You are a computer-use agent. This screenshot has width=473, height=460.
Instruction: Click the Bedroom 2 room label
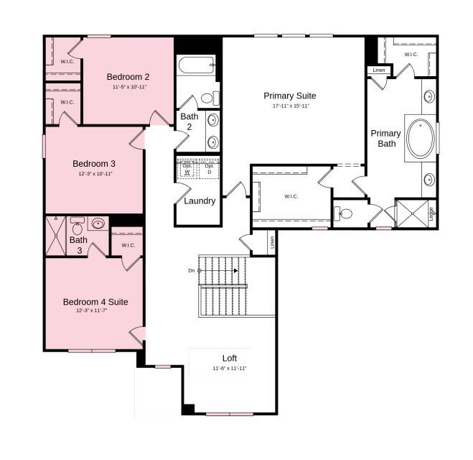128,77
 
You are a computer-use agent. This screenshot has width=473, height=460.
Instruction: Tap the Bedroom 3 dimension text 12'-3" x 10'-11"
95,174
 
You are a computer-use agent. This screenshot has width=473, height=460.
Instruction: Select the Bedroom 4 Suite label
95,302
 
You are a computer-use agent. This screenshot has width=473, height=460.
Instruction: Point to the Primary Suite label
289,96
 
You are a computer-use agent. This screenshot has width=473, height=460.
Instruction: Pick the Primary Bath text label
385,138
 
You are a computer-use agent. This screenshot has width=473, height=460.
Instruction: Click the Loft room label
229,358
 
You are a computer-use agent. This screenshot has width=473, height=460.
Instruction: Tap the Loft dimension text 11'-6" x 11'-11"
229,368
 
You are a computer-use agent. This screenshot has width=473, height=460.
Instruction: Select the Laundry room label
200,201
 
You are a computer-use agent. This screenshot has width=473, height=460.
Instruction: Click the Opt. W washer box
187,170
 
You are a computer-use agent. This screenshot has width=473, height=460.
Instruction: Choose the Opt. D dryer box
210,170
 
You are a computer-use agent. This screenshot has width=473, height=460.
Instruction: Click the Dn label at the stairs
192,270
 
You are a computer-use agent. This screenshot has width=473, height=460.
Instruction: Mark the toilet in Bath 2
208,98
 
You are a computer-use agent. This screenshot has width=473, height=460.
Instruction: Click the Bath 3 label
78,245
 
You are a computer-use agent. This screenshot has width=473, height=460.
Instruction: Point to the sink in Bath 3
98,223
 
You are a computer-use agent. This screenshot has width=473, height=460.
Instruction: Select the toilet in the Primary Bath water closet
345,213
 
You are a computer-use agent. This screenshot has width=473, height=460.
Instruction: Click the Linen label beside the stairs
272,242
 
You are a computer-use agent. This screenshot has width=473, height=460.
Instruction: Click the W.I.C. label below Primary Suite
291,196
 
